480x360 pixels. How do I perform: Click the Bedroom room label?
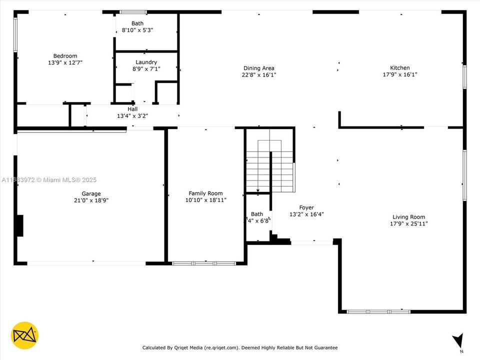pyautogui.click(x=65, y=56)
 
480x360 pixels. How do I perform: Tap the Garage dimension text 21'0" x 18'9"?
pyautogui.click(x=91, y=200)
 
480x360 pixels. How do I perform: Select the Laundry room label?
pyautogui.click(x=146, y=62)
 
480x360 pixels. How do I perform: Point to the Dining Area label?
pyautogui.click(x=258, y=68)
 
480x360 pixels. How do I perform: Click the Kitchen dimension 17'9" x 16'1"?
pyautogui.click(x=400, y=74)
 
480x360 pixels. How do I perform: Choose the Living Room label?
pyautogui.click(x=408, y=217)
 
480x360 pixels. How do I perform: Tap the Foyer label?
pyautogui.click(x=306, y=207)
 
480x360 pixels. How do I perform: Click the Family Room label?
pyautogui.click(x=205, y=193)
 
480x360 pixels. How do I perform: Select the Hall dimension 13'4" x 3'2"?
pyautogui.click(x=132, y=115)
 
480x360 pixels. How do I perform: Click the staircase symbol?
pyautogui.click(x=270, y=165)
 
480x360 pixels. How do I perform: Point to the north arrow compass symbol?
pyautogui.click(x=457, y=341)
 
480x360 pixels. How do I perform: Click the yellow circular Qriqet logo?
pyautogui.click(x=24, y=335)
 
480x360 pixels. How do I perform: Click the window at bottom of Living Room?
pyautogui.click(x=378, y=311)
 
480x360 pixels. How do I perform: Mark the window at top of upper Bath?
pyautogui.click(x=133, y=12)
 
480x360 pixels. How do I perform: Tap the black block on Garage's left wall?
pyautogui.click(x=19, y=225)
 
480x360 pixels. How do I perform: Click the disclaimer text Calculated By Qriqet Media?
pyautogui.click(x=240, y=347)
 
